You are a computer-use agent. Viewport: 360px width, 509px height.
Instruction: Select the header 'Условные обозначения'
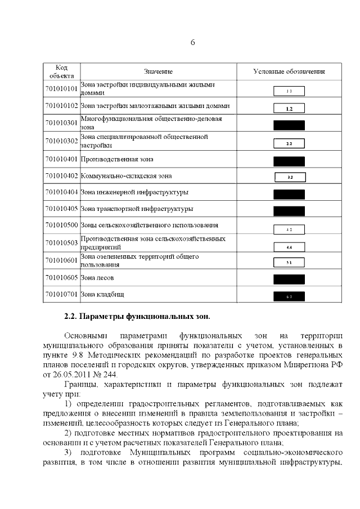[x=289, y=72]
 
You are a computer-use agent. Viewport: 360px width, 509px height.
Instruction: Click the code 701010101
[x=61, y=89]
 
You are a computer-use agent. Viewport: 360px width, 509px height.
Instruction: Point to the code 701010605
[x=61, y=278]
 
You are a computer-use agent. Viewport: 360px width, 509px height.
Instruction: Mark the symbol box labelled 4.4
[x=289, y=246]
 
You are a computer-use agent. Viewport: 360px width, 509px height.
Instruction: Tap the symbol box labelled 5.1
[x=289, y=262]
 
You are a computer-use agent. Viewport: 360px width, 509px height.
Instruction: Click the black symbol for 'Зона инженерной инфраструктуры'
[x=289, y=194]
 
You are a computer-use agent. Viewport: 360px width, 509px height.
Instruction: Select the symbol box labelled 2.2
[x=289, y=143]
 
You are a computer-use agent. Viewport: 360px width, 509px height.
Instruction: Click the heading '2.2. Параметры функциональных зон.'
[x=138, y=316]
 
